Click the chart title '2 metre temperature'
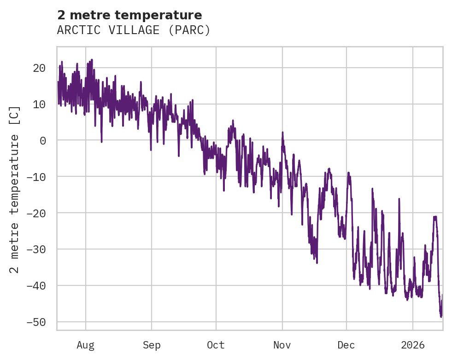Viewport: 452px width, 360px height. (x=129, y=15)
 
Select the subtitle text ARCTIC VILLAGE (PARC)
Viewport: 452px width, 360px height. (x=134, y=30)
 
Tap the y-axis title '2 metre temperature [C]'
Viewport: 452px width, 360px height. (x=15, y=190)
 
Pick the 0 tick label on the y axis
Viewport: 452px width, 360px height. (x=42, y=141)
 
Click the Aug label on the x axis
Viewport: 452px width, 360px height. (x=86, y=345)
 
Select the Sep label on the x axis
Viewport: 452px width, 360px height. (x=152, y=345)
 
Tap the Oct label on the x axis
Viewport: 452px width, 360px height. (x=216, y=345)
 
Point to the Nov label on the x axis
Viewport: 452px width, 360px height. (x=282, y=345)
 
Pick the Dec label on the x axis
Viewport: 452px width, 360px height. (x=346, y=345)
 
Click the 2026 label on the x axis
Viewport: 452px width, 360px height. (x=413, y=345)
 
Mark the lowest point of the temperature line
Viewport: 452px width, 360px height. (x=441, y=317)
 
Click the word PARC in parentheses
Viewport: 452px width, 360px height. (x=189, y=30)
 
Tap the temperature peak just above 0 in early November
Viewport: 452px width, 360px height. (x=282, y=133)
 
